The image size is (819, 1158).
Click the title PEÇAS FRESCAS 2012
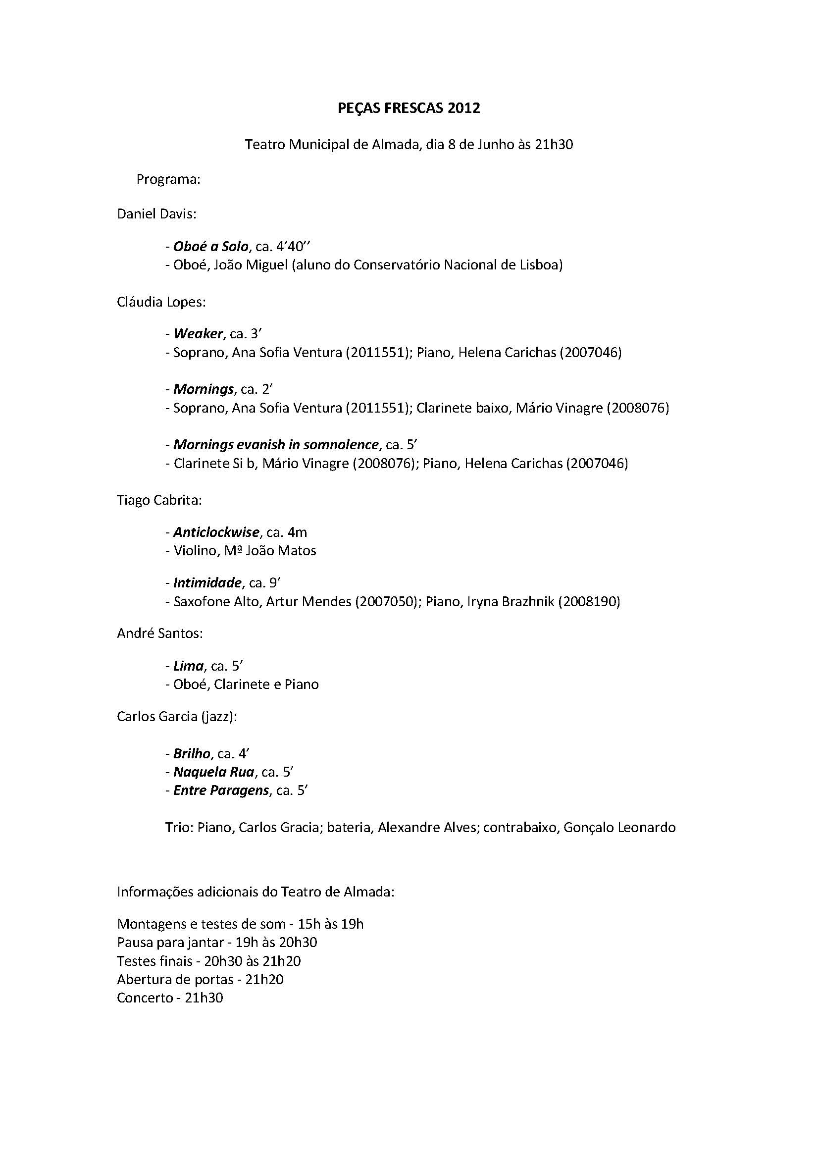click(x=409, y=108)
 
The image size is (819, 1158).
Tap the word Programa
click(x=168, y=180)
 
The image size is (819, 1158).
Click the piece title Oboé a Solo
click(x=211, y=247)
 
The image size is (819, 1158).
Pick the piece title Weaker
click(x=198, y=334)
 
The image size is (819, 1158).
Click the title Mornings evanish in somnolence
click(x=276, y=445)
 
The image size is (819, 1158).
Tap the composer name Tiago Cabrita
click(x=158, y=500)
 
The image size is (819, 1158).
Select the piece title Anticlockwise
click(x=216, y=532)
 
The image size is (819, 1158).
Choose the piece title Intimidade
click(x=207, y=583)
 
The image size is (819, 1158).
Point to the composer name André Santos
click(x=159, y=633)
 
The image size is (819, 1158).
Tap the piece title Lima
click(x=188, y=666)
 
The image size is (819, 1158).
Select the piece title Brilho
click(x=192, y=754)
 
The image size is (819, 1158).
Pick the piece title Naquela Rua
click(x=214, y=772)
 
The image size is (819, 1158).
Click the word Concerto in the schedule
click(x=144, y=998)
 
